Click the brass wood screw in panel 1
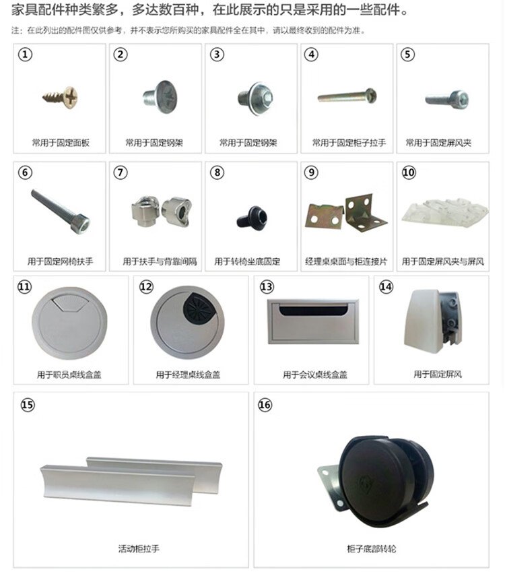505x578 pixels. click(61, 98)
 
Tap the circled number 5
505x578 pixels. click(407, 55)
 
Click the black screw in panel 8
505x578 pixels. click(252, 218)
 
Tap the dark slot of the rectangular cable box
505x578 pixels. click(314, 310)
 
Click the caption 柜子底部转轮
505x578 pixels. click(371, 549)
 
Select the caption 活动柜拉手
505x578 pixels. click(139, 549)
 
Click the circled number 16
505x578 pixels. click(265, 405)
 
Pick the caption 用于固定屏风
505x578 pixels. click(438, 375)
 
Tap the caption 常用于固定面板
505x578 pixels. click(61, 143)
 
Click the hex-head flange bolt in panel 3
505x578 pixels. click(256, 98)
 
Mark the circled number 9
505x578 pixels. click(311, 172)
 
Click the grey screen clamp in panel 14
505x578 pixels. click(432, 321)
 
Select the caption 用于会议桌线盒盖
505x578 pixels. click(315, 375)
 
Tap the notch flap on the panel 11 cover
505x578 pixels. click(69, 302)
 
